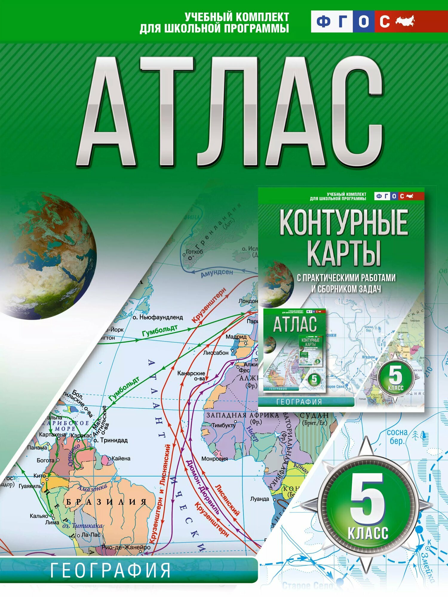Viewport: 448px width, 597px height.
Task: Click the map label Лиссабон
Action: pos(216,353)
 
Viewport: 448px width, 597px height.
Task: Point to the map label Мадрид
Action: pos(236,337)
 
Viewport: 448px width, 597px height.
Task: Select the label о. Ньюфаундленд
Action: pos(158,317)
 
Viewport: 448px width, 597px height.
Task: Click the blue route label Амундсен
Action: pos(217,273)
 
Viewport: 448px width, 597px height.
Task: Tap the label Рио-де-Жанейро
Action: pos(126,547)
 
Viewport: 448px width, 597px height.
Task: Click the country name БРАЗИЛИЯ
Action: pos(106,502)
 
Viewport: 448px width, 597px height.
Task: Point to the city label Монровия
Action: pos(214,459)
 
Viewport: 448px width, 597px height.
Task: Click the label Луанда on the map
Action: pos(260,499)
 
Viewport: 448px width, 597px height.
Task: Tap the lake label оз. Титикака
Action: pos(82,526)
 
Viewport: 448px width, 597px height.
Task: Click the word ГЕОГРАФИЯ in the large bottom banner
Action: pos(111,570)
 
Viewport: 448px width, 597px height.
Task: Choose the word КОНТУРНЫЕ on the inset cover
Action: pos(343,222)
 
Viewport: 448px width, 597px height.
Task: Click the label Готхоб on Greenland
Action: pos(194,252)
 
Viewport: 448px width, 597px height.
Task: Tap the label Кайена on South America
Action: pos(121,458)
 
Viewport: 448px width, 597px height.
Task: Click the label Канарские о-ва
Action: pos(191,376)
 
